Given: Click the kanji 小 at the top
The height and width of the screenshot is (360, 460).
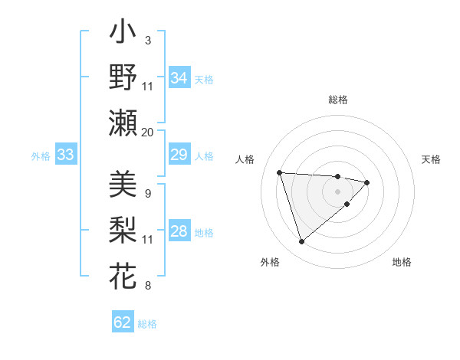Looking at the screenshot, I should click(x=123, y=34).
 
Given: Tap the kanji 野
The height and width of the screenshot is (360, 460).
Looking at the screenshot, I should click(x=123, y=79).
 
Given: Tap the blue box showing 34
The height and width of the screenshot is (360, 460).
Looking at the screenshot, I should click(x=179, y=78).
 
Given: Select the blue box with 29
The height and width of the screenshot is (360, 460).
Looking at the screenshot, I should click(x=179, y=155).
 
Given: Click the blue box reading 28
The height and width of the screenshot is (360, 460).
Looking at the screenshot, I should click(x=179, y=232).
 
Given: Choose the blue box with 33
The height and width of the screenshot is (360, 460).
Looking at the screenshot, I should click(x=65, y=155).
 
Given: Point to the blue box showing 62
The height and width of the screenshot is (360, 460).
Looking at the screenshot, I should click(x=123, y=322).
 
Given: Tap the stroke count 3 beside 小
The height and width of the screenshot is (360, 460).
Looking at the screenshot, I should click(x=147, y=39).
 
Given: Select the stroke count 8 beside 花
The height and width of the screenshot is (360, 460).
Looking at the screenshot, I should click(x=147, y=286).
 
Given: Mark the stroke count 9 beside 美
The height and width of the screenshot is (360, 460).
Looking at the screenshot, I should click(x=147, y=193).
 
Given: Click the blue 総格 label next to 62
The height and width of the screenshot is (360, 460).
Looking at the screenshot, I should click(x=147, y=323).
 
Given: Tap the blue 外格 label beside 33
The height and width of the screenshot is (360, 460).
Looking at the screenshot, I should click(x=41, y=156).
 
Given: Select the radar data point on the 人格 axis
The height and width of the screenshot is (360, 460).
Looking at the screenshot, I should click(x=280, y=172).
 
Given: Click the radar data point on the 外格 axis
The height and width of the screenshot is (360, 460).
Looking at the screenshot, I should click(x=301, y=241).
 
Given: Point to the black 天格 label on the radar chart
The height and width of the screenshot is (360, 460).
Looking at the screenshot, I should click(x=432, y=159).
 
